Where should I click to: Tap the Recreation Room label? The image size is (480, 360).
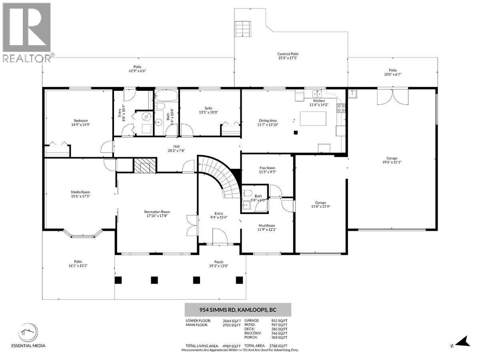point(157,212)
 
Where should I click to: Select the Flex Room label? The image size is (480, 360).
point(267,168)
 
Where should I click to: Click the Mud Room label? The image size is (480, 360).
point(266,225)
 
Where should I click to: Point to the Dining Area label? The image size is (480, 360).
point(268,120)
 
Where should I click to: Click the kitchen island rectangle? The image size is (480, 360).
point(313,118)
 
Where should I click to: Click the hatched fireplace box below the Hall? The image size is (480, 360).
point(144,165)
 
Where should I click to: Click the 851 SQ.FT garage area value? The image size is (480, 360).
point(279,320)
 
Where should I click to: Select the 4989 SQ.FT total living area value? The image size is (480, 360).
point(232,346)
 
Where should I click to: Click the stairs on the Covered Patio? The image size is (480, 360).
point(241,28)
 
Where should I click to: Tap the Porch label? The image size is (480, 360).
point(218,262)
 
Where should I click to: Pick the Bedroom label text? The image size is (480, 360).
point(80,120)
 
